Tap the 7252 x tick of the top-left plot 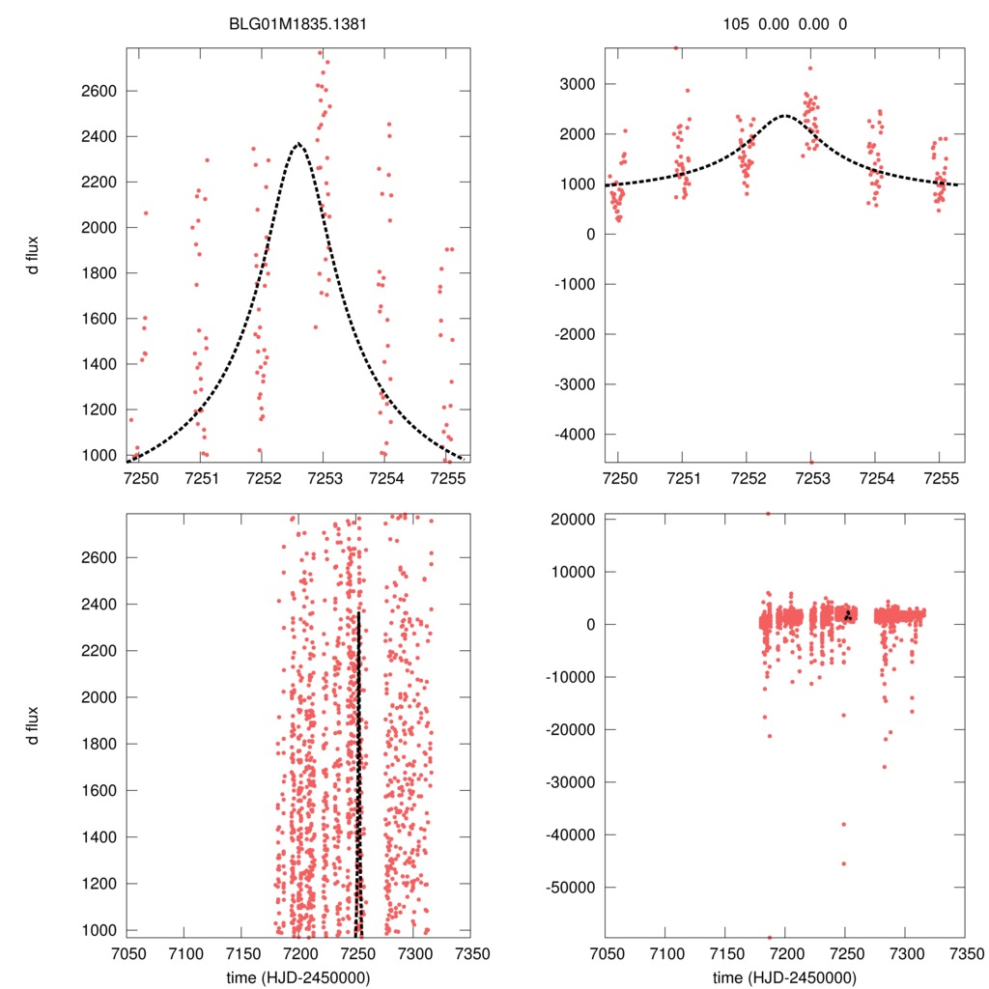(x=262, y=477)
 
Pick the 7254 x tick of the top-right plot (x=875, y=477)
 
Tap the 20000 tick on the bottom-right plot (x=573, y=519)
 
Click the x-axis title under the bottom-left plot (x=297, y=976)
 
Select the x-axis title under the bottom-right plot (x=785, y=976)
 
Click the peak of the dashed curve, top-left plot (x=297, y=143)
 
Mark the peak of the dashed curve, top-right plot (x=784, y=115)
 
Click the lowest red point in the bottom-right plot (x=770, y=937)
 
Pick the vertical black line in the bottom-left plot (x=358, y=773)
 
